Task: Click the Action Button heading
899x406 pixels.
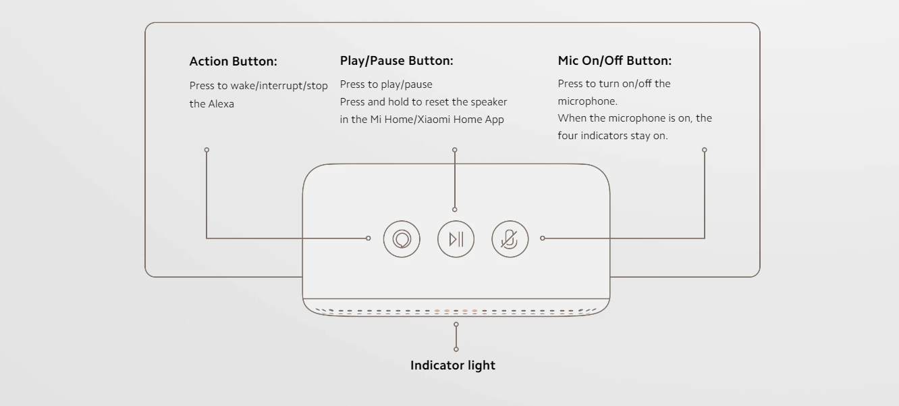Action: click(233, 61)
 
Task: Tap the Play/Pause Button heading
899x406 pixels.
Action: click(397, 60)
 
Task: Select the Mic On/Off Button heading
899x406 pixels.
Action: click(614, 60)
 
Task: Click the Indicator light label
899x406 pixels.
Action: click(453, 365)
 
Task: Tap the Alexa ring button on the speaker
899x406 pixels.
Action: click(402, 239)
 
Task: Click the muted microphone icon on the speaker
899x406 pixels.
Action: click(510, 239)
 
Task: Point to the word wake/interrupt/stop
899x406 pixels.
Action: click(279, 86)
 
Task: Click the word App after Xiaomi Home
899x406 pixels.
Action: click(495, 120)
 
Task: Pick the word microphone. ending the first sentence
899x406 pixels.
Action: click(588, 101)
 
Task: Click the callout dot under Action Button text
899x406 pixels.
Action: click(207, 150)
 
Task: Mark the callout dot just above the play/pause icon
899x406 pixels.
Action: click(455, 209)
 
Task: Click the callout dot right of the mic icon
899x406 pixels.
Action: click(543, 238)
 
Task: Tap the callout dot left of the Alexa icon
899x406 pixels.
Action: click(369, 238)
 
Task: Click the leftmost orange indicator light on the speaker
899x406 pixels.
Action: click(437, 311)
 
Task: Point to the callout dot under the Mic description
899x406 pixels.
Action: click(705, 150)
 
